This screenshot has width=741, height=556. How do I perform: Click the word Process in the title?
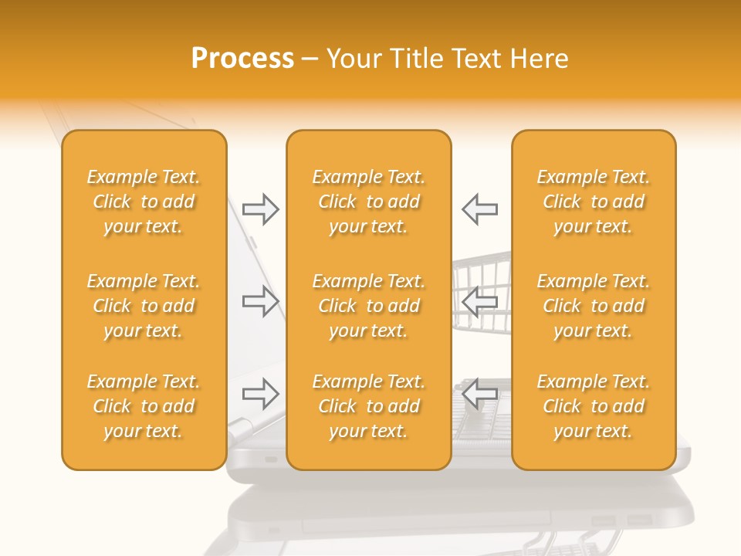[242, 59]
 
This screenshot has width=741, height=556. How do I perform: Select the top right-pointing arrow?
[260, 209]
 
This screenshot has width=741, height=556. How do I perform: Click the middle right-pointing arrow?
[260, 301]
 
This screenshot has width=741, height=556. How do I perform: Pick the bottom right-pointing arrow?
[260, 394]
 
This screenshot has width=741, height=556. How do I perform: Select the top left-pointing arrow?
[479, 209]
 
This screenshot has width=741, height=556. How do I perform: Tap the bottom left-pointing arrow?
[479, 394]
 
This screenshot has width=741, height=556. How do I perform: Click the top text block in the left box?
[144, 202]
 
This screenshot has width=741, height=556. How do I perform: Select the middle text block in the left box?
[144, 306]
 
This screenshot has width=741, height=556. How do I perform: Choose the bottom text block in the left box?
[144, 406]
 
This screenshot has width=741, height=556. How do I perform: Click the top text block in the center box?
[368, 202]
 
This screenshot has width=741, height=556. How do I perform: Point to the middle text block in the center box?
[368, 306]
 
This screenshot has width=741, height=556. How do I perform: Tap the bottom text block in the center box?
[368, 406]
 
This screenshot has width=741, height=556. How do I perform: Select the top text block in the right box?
[594, 202]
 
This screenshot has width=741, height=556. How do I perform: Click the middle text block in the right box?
[594, 306]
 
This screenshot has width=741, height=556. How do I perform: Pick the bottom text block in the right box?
[594, 406]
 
